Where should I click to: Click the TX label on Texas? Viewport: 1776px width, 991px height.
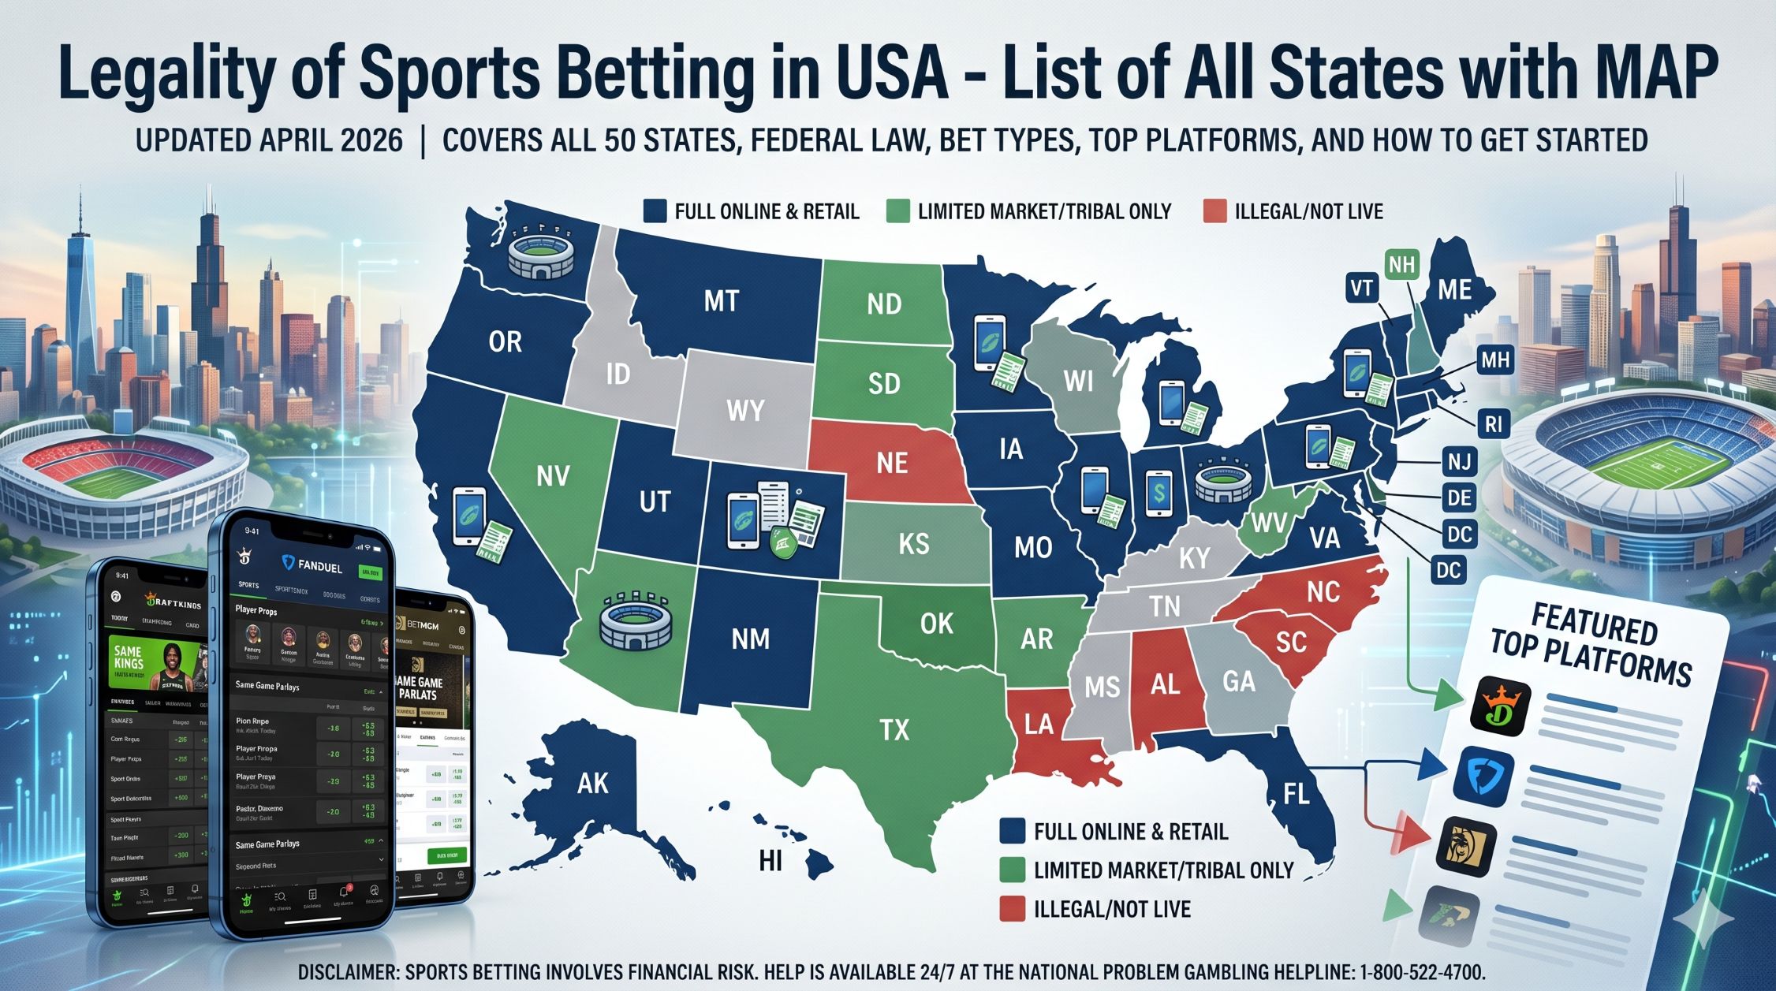pos(894,730)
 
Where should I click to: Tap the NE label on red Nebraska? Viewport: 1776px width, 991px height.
pos(892,463)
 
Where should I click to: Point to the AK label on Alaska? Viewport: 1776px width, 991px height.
pos(593,783)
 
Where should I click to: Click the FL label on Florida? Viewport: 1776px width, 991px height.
pos(1297,793)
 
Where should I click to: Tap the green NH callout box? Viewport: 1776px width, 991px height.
pos(1401,265)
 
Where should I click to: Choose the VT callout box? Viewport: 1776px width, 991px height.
pos(1361,289)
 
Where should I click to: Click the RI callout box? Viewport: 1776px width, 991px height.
pos(1493,425)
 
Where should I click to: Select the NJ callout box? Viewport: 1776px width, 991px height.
pos(1459,461)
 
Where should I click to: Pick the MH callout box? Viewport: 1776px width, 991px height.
pos(1495,361)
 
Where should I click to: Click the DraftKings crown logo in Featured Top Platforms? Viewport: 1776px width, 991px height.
pos(1501,706)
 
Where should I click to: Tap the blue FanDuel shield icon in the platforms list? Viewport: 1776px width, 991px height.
pos(1483,777)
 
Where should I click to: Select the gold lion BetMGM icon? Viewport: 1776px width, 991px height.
pos(1466,847)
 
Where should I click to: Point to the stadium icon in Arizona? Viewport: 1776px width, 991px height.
pos(636,622)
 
